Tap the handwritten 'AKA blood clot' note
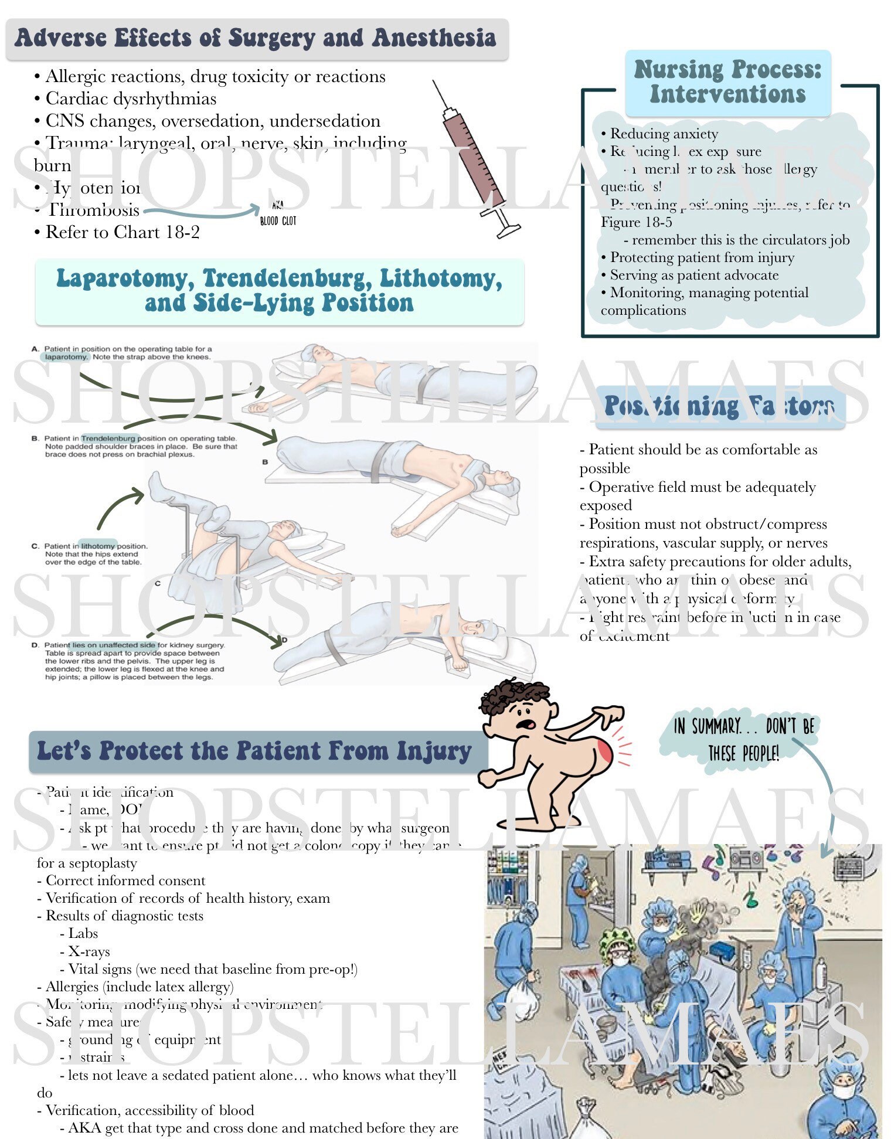278,215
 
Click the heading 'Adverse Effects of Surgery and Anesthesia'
256,38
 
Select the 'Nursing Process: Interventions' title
727,82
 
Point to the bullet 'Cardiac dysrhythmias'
130,98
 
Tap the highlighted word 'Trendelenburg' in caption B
109,438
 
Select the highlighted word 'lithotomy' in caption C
98,545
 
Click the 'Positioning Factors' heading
720,406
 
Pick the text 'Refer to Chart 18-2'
122,232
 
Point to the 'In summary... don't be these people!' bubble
743,740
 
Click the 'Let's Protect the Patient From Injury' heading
254,751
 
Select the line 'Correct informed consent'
125,880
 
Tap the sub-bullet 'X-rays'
89,951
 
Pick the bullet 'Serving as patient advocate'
694,275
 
